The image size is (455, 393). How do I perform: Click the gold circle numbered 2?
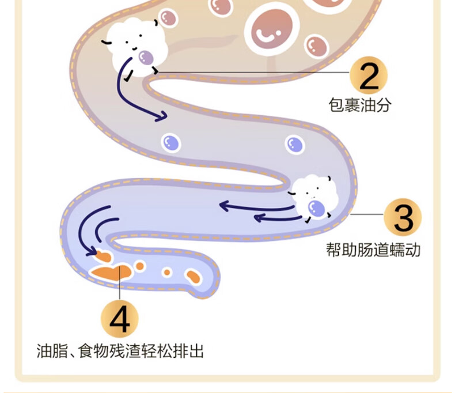click(369, 75)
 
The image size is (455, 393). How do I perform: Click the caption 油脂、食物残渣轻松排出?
click(120, 350)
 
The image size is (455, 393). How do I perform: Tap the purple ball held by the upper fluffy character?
click(146, 57)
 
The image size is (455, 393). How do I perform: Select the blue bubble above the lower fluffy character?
click(295, 144)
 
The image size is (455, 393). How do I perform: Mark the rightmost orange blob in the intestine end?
click(192, 276)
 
